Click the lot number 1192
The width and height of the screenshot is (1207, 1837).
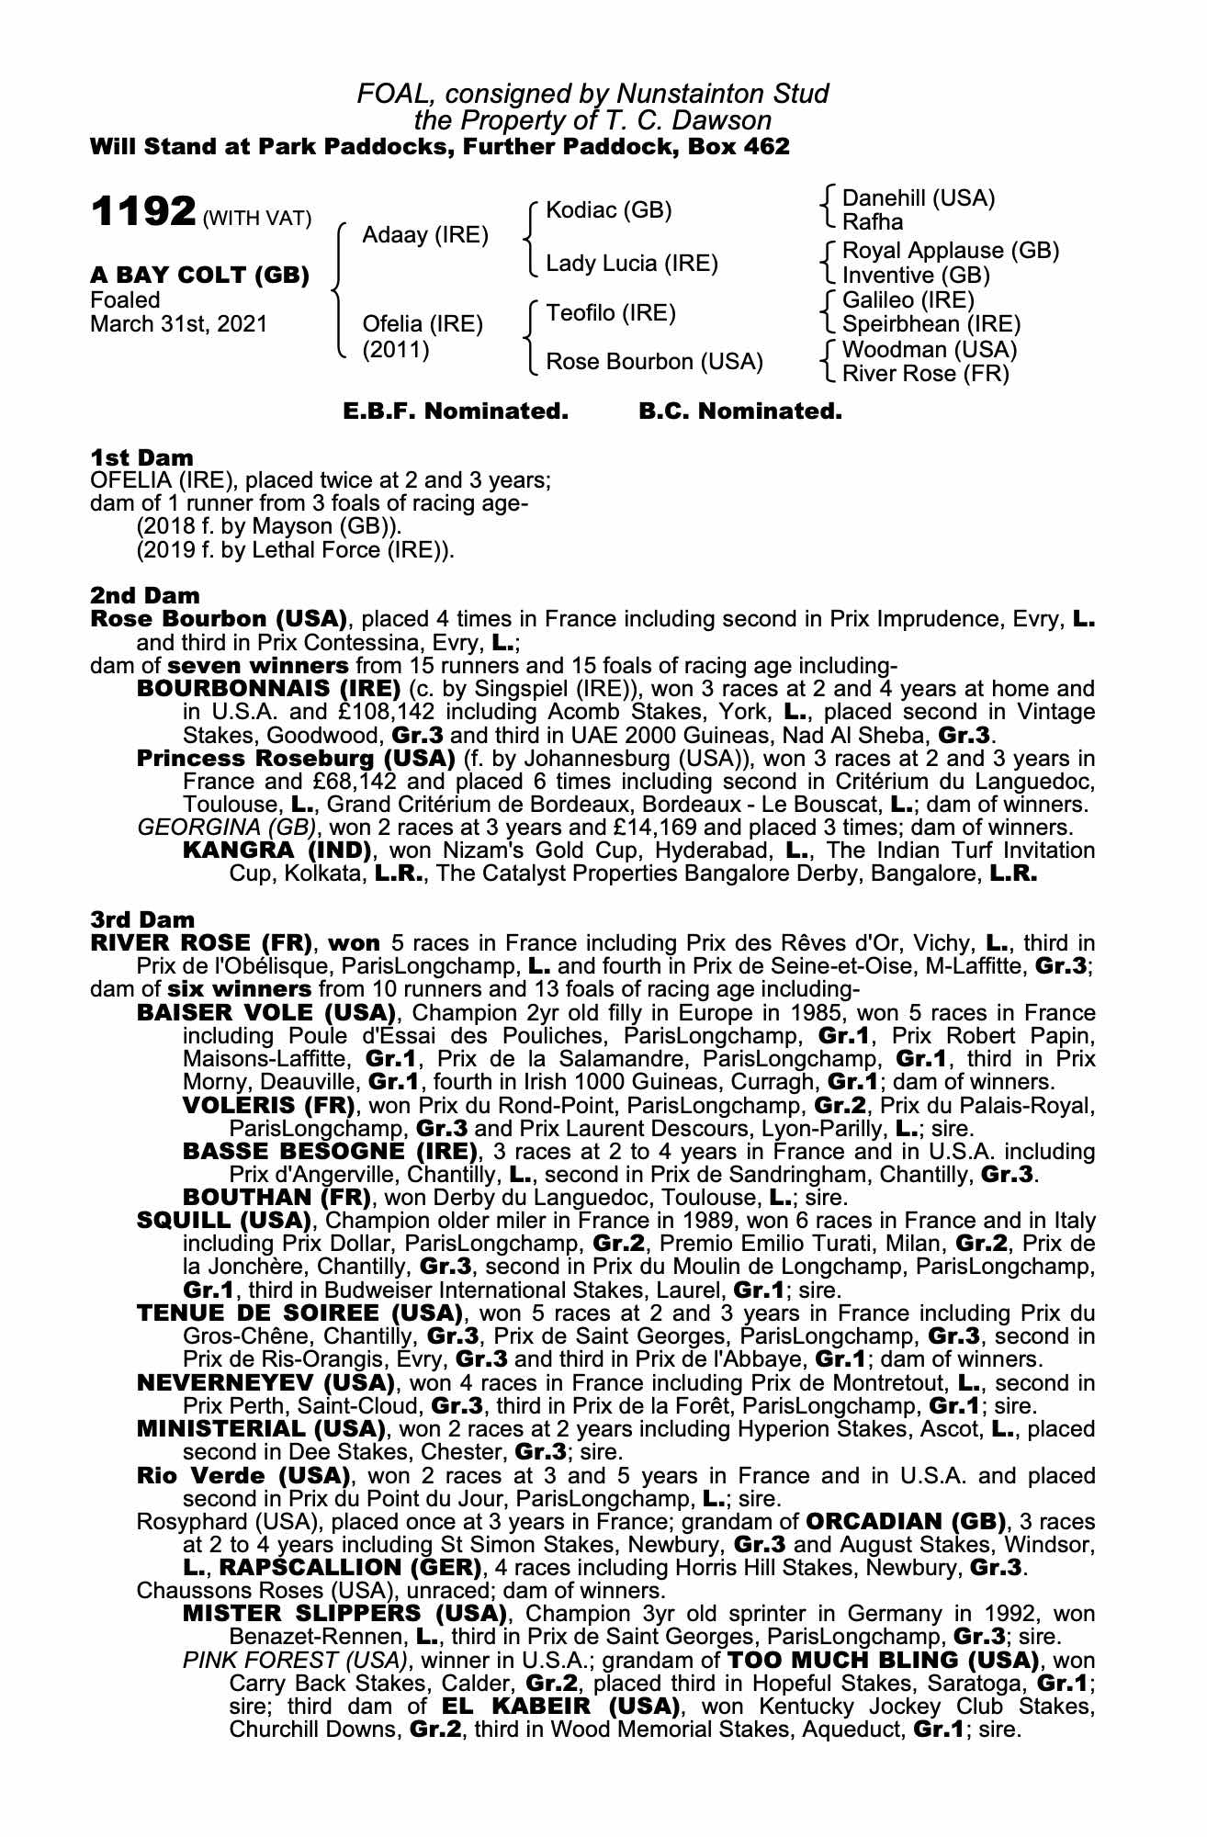(x=141, y=213)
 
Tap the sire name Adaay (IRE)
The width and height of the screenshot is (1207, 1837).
(x=424, y=235)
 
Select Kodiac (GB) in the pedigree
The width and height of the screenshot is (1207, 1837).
(x=608, y=210)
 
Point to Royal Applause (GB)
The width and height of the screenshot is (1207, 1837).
(x=951, y=251)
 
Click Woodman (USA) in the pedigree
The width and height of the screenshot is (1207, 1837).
(x=930, y=350)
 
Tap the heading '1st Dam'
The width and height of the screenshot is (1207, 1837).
(x=141, y=457)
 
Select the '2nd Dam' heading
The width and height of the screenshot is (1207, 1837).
(x=144, y=596)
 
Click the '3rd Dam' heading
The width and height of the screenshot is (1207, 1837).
(x=142, y=919)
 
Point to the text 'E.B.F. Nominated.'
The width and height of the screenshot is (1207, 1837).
(x=456, y=411)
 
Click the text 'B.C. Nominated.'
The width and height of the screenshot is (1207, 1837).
(x=739, y=411)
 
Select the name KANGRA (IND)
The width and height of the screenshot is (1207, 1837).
(x=276, y=851)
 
